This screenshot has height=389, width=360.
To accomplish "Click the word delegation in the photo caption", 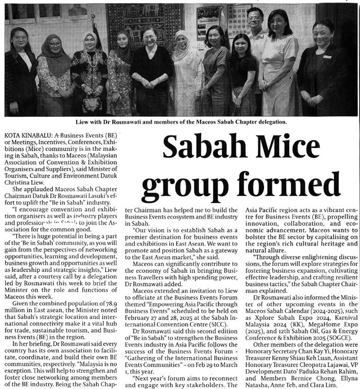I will click(x=268, y=122).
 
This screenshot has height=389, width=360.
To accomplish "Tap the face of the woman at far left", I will click(x=19, y=39).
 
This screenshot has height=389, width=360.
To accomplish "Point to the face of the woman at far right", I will click(x=323, y=35).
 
